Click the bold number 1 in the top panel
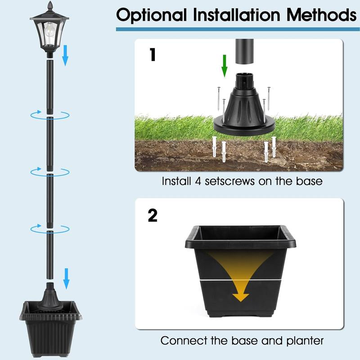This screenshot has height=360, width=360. coord(153,55)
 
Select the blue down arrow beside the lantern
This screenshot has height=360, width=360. coord(65,55)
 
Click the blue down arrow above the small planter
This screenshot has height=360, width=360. coord(66,279)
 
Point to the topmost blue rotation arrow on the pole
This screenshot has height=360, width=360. coord(49,115)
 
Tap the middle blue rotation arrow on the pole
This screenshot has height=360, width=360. coord(49,171)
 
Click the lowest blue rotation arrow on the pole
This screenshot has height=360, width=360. coord(49,229)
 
